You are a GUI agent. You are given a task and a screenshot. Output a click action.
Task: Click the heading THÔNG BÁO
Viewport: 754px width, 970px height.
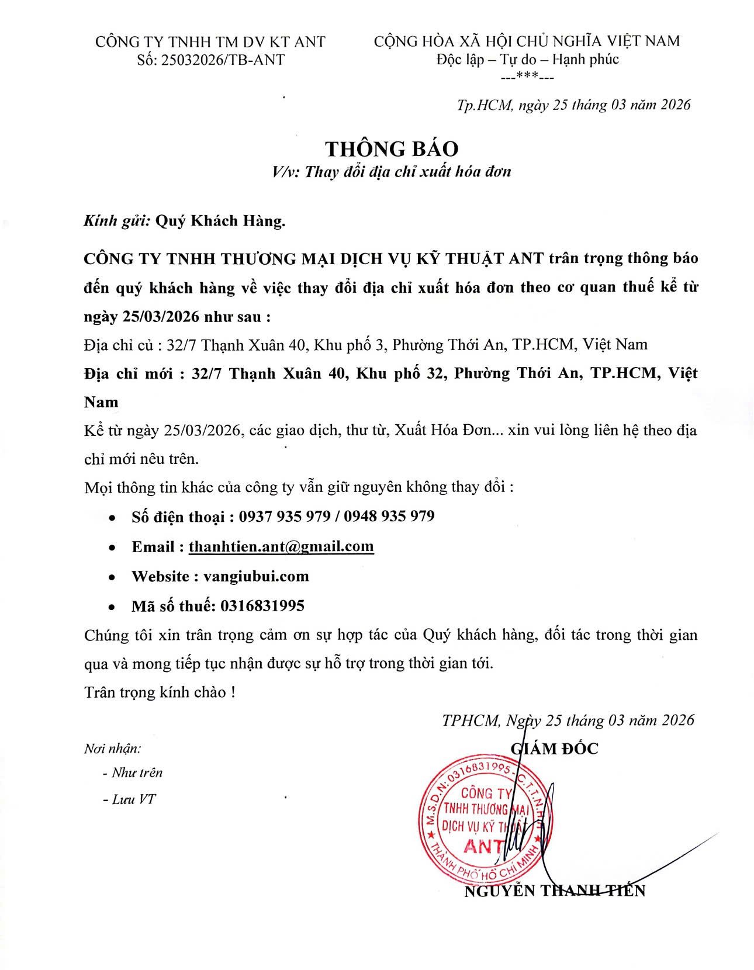[x=391, y=148]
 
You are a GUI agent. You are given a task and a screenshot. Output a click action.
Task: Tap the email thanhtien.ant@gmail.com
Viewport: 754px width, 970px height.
[x=281, y=546]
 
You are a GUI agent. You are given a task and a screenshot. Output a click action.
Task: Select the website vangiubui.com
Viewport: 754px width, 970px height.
[x=256, y=576]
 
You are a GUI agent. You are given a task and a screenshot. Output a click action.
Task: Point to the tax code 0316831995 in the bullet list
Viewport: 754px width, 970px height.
[x=262, y=605]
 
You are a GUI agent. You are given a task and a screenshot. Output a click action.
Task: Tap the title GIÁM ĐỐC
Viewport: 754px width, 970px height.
[x=555, y=749]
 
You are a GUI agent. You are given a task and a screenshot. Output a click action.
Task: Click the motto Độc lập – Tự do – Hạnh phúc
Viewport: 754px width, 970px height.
[x=527, y=59]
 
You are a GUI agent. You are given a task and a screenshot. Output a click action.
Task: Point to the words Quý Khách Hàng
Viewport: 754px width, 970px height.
[x=220, y=221]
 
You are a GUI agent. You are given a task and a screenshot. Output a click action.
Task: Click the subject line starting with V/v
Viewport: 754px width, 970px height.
[x=391, y=172]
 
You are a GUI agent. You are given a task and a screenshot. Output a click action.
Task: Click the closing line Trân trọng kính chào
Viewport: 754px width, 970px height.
[x=160, y=692]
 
